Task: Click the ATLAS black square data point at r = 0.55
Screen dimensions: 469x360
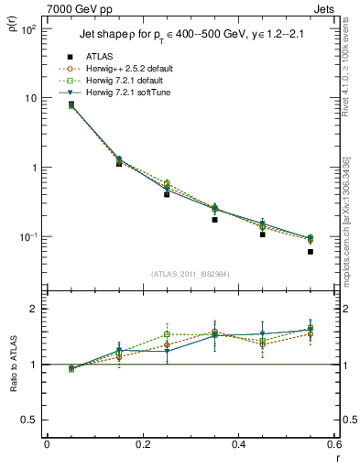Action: (311, 252)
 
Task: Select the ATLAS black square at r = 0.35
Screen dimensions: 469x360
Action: (214, 220)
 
